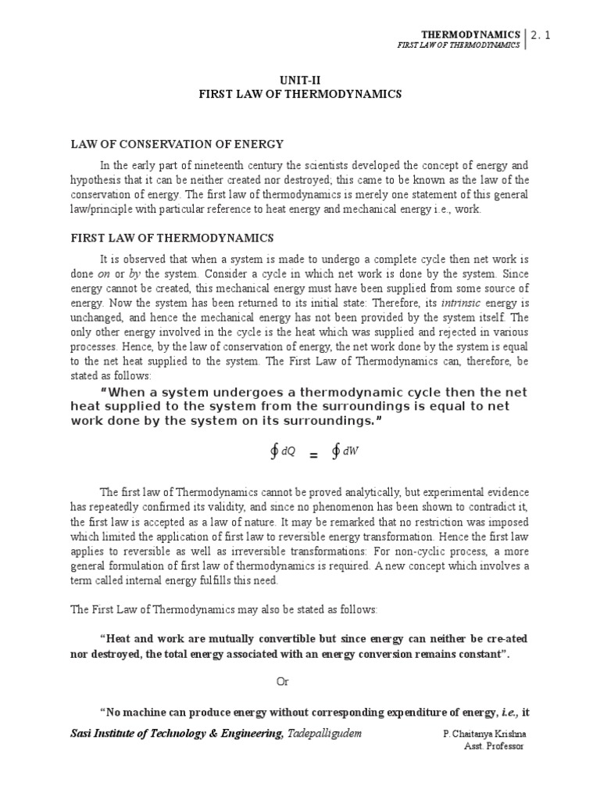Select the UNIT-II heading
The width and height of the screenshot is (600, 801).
[300, 79]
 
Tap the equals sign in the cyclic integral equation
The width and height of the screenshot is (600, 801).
[314, 454]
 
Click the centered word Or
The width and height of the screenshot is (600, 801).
[283, 681]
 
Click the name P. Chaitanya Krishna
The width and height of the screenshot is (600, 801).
[483, 735]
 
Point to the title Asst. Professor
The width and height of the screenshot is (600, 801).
[494, 746]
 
